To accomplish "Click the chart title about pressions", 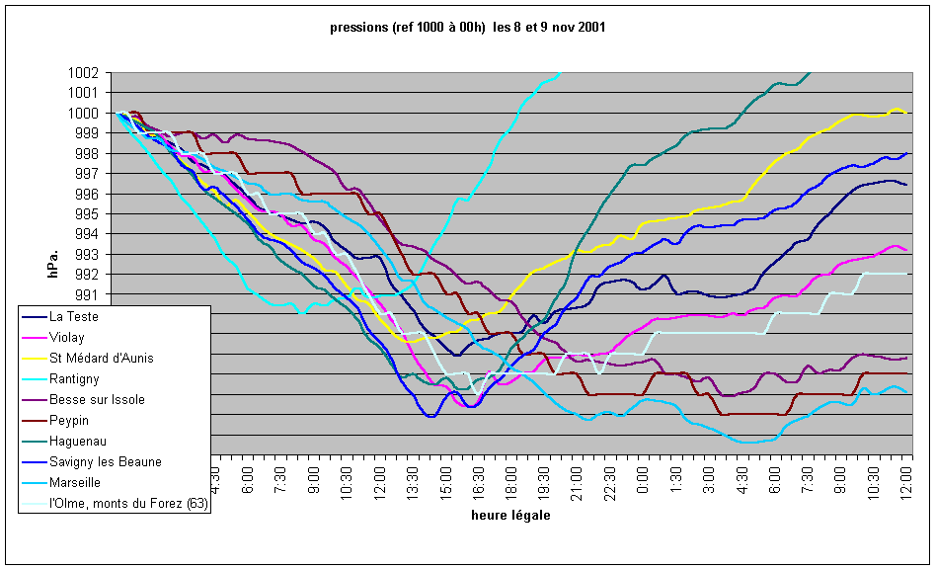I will (468, 28).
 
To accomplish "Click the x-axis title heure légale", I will (510, 516).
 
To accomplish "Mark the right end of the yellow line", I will (906, 113).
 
